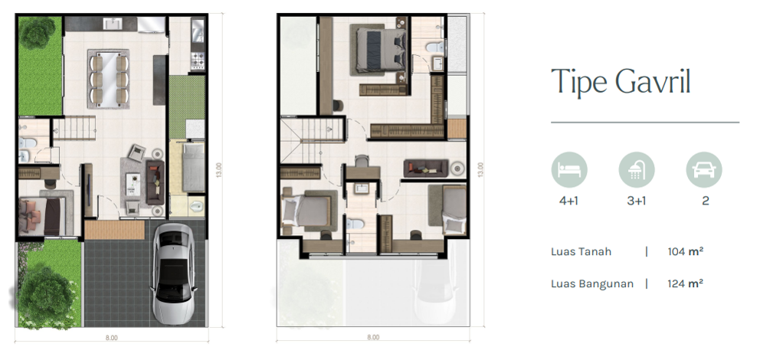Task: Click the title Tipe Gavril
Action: pos(621,82)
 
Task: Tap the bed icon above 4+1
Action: pos(569,169)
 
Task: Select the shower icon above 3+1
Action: pos(637,169)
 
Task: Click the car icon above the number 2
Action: pos(704,169)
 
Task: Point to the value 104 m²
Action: pos(686,251)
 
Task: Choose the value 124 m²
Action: pos(686,283)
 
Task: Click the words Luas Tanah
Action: pos(581,251)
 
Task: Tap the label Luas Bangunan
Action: pos(592,284)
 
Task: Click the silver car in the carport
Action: pos(175,273)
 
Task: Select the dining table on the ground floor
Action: pos(109,78)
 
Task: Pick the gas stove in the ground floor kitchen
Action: pos(197,61)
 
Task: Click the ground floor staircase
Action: pos(74,129)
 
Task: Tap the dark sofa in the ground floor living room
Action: pos(155,182)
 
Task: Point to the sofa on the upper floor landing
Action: pos(425,169)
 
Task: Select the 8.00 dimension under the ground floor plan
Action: pos(112,338)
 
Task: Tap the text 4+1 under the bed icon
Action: pos(568,201)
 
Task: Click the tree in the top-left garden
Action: pos(38,33)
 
